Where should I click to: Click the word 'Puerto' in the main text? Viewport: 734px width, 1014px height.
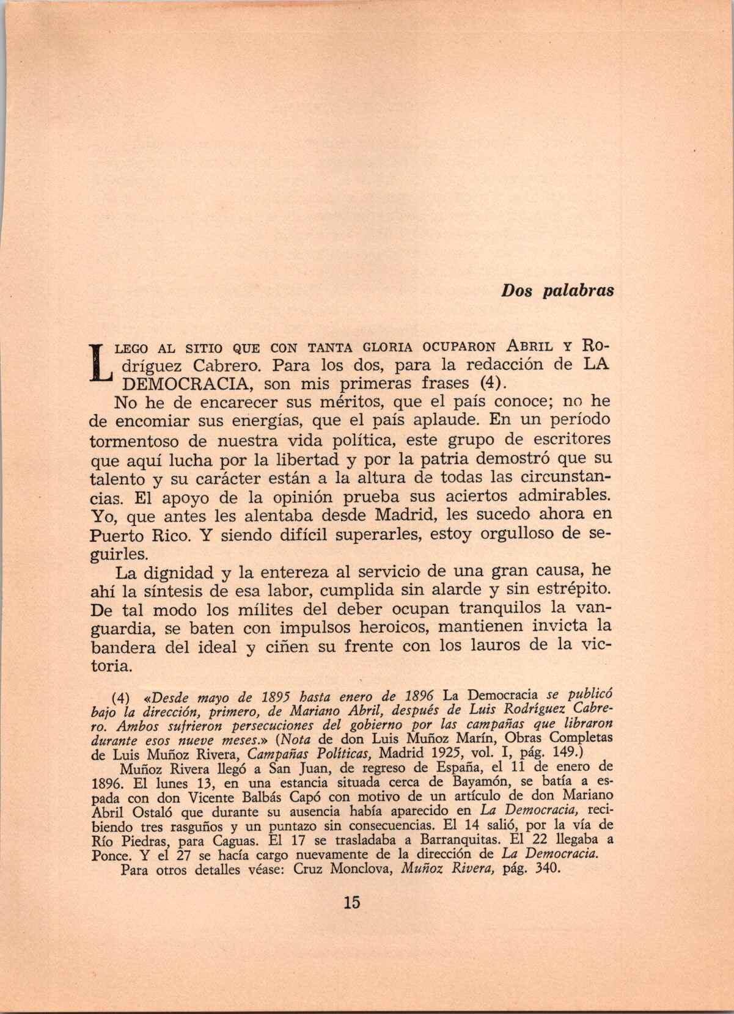(x=116, y=536)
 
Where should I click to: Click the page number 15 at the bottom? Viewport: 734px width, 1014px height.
(x=352, y=902)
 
